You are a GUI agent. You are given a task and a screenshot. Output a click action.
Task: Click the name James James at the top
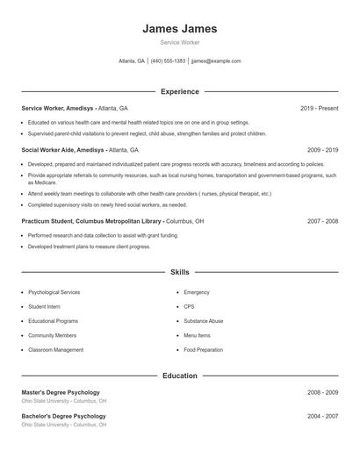179,29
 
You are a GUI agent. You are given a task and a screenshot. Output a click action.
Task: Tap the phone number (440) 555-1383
168,61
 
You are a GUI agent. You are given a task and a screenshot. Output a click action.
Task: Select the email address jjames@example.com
216,61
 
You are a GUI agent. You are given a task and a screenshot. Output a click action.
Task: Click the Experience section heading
179,91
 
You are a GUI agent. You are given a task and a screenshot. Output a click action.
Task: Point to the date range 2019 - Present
319,108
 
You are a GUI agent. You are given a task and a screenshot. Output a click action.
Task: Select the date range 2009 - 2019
322,150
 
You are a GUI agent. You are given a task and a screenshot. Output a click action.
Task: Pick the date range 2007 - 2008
322,221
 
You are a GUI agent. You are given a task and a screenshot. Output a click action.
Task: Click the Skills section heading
179,273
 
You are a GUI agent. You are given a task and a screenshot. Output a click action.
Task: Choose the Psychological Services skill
54,292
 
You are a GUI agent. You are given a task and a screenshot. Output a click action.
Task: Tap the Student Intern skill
44,306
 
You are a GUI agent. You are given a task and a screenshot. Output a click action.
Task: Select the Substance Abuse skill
203,321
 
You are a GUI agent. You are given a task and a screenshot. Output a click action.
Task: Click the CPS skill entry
189,306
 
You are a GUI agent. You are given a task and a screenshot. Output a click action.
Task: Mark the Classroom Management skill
55,350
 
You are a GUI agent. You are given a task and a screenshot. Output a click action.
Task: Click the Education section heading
179,376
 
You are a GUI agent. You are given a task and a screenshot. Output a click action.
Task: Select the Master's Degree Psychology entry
61,392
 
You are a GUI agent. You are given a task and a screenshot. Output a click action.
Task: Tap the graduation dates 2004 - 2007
322,415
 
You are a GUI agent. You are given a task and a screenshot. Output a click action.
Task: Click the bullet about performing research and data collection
103,236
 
